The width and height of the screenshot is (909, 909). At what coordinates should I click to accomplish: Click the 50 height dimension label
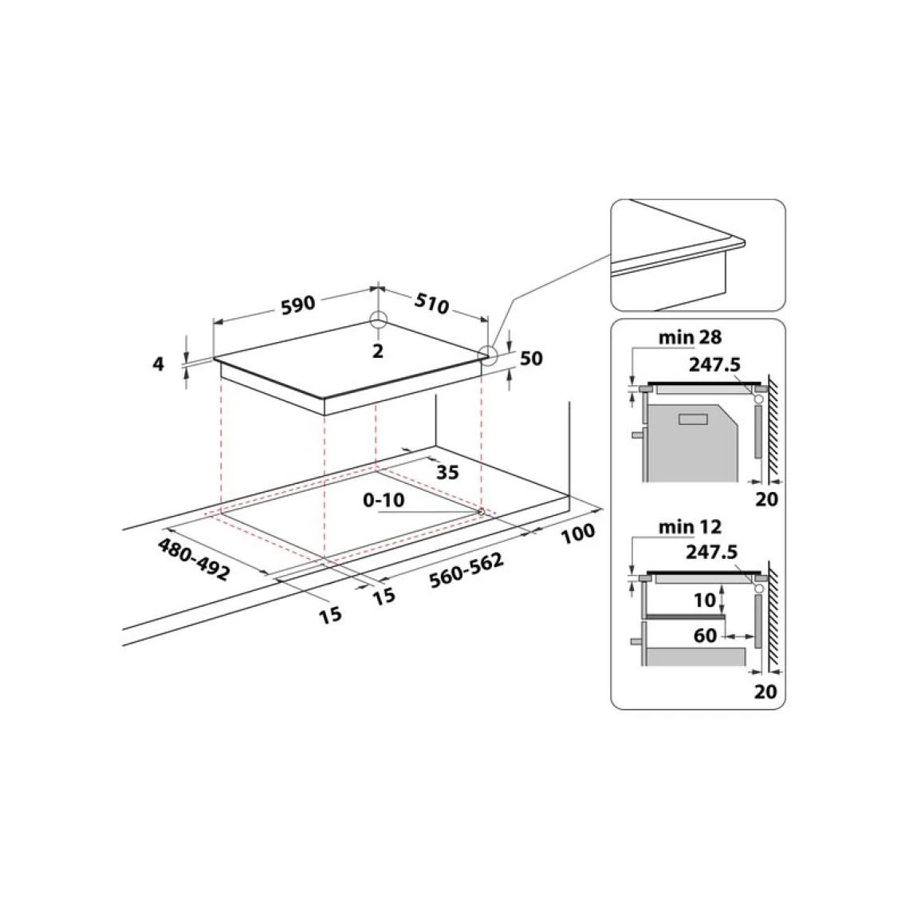(x=531, y=359)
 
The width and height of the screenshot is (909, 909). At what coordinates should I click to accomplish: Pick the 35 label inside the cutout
(x=447, y=472)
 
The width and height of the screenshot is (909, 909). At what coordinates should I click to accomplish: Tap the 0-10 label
(x=384, y=499)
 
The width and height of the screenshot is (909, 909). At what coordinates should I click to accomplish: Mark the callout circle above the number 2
(x=378, y=320)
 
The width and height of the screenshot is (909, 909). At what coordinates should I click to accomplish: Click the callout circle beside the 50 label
(x=486, y=354)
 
